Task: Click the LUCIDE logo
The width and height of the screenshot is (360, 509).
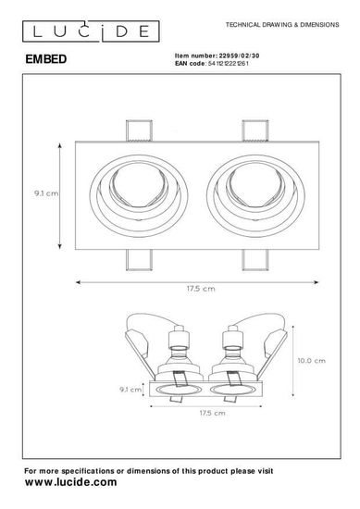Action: click(x=91, y=31)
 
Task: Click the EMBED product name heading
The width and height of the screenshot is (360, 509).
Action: click(x=46, y=59)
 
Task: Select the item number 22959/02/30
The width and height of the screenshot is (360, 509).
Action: click(x=240, y=56)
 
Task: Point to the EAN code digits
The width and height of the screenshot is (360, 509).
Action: click(x=229, y=63)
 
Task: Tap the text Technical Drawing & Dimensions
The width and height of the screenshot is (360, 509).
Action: click(x=282, y=25)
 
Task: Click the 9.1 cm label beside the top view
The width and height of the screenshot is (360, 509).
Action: click(x=46, y=193)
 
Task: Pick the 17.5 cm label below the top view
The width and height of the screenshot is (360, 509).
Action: click(x=201, y=289)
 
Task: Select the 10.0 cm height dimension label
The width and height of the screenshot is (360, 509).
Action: click(x=312, y=360)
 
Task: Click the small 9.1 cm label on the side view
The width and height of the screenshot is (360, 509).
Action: click(x=130, y=390)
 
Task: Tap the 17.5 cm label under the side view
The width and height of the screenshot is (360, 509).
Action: click(x=212, y=413)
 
